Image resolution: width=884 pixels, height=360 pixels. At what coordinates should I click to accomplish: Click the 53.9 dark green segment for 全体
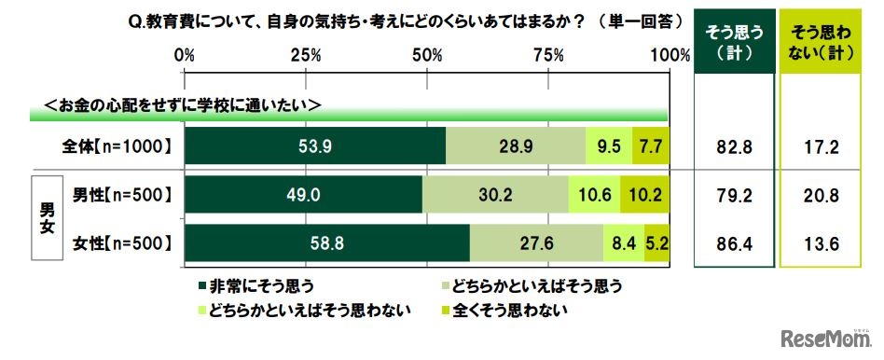(x=315, y=145)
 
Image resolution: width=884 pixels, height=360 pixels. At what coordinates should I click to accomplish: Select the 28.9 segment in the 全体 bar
(x=516, y=145)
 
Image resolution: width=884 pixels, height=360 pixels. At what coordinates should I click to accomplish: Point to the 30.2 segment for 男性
(x=495, y=195)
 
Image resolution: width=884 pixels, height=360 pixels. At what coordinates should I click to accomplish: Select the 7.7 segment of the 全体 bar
(x=651, y=145)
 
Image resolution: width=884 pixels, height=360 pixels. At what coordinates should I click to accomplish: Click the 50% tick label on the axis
(x=427, y=56)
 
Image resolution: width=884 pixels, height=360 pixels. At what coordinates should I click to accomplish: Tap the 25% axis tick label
(x=306, y=56)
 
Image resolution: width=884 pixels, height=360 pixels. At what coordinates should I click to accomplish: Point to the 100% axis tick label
(x=668, y=56)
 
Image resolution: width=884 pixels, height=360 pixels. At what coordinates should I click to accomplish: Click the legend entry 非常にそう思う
(x=255, y=284)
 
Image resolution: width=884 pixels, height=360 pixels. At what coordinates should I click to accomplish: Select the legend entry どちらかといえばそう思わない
(x=302, y=308)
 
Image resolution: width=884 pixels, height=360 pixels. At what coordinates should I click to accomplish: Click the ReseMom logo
(x=823, y=337)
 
